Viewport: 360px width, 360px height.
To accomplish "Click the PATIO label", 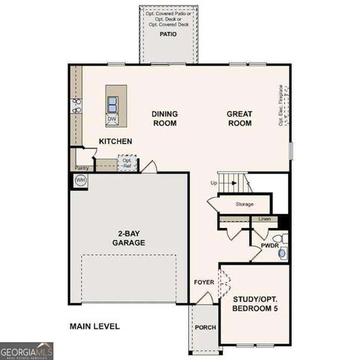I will point(167,34).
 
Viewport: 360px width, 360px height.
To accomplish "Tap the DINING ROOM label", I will point(164,118).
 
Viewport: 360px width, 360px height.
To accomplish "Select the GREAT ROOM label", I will point(240,118).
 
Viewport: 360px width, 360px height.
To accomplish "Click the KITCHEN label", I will point(115,141).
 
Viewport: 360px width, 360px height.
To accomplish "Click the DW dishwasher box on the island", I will point(112,118).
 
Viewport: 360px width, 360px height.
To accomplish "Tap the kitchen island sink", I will point(112,103).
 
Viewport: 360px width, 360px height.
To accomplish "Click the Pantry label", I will point(81,169).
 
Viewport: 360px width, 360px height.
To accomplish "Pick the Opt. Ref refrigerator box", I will point(127,163).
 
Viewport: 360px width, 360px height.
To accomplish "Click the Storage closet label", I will point(244,204).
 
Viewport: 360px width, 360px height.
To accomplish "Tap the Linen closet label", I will point(264,219).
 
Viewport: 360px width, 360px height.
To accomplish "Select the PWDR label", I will point(269,245).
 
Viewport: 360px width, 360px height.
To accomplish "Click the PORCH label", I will point(205,328).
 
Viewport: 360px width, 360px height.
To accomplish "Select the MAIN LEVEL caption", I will point(94,326).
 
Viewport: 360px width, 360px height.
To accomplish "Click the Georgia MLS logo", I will point(27,350).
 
